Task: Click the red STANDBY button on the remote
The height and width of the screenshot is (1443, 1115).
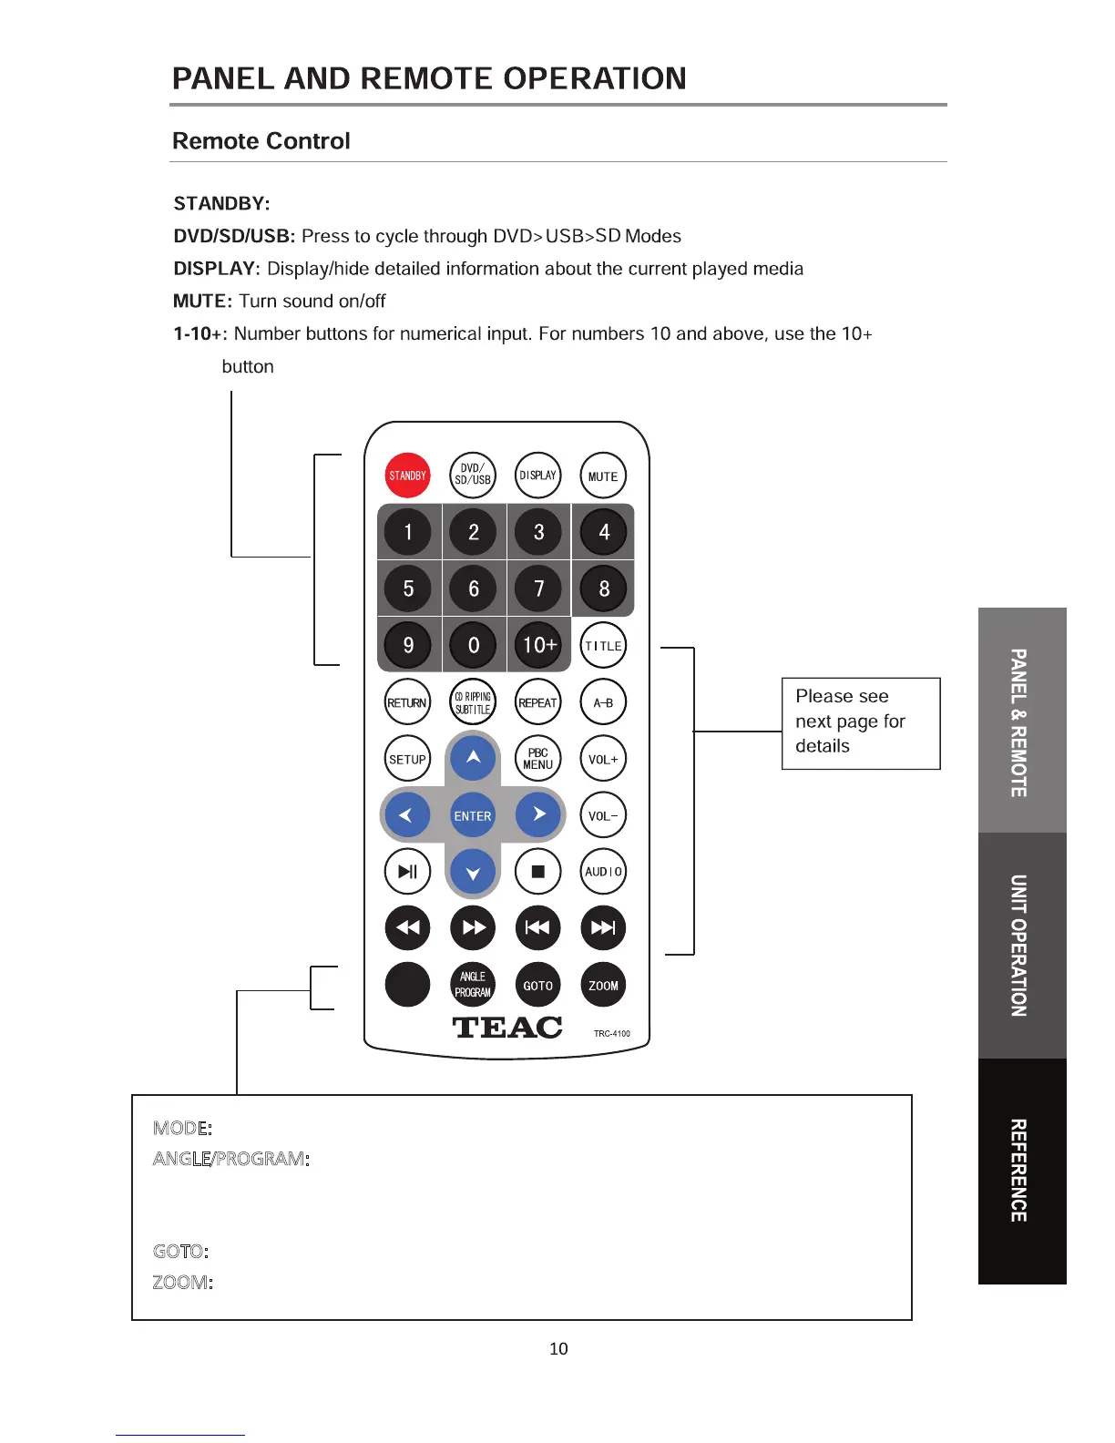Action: pos(407,476)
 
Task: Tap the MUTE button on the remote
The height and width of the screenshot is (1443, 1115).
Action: pos(603,476)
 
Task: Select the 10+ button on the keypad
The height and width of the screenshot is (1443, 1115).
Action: pos(538,645)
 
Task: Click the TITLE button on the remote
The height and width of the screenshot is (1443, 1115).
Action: pos(603,646)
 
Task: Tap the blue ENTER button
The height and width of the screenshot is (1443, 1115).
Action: pos(473,815)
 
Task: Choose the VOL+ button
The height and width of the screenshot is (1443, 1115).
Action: pos(603,759)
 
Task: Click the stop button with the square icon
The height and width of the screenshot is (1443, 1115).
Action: pos(537,872)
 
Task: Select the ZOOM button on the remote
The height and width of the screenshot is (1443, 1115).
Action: pos(603,985)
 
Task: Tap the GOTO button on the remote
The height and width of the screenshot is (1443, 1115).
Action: pos(537,985)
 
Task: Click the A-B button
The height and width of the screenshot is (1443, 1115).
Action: pos(603,702)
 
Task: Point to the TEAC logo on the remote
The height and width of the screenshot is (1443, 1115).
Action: pos(507,1028)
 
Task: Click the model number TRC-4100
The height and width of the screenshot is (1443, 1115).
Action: pos(612,1034)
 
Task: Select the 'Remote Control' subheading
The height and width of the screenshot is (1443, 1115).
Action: pos(261,141)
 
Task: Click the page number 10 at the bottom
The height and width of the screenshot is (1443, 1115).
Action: pos(558,1348)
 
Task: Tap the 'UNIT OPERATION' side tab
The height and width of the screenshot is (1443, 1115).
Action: pos(1021,946)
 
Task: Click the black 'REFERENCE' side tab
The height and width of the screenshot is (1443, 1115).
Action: pos(1021,1171)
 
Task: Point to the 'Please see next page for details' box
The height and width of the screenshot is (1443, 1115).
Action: pos(860,722)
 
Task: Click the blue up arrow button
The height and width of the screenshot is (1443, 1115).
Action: pos(473,757)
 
